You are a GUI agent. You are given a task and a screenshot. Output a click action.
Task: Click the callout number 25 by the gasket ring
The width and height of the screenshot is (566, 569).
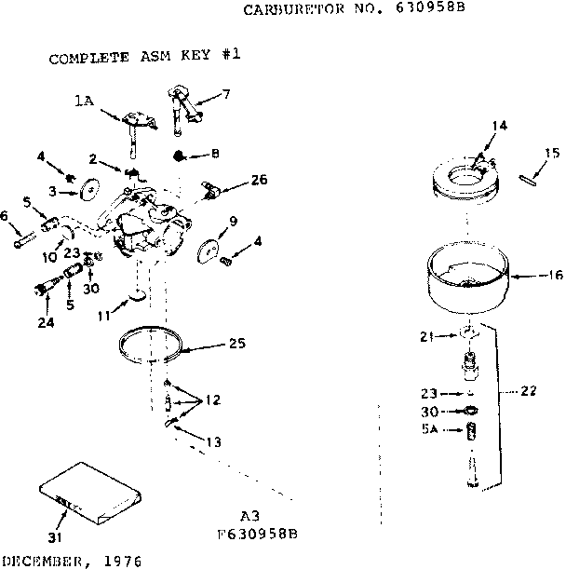click(x=236, y=344)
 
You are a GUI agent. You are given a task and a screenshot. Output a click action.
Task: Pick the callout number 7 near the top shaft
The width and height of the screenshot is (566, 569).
click(x=226, y=95)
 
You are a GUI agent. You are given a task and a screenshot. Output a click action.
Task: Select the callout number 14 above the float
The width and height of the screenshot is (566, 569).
click(x=500, y=124)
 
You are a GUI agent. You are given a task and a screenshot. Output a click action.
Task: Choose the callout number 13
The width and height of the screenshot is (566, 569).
click(x=215, y=441)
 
